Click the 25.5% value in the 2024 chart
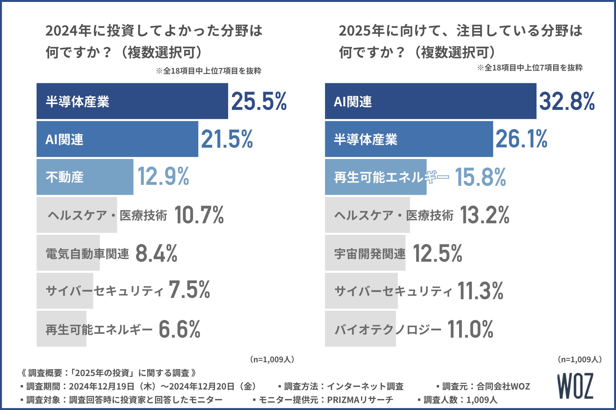(x=259, y=102)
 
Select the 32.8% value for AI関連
(x=567, y=102)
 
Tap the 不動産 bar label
(x=64, y=177)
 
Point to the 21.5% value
(x=227, y=139)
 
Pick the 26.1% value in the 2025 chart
(x=521, y=139)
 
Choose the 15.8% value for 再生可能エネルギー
(x=480, y=177)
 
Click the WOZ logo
(x=575, y=386)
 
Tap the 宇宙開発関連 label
(x=370, y=254)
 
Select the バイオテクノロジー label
(x=388, y=329)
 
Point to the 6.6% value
(x=179, y=329)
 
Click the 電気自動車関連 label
(x=87, y=254)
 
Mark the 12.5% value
(x=437, y=253)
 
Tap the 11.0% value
(x=470, y=329)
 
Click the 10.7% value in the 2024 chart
(x=199, y=215)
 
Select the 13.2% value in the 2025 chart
(x=484, y=215)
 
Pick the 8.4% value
(x=156, y=253)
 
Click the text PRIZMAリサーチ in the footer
(x=360, y=400)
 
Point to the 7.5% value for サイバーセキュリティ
(x=189, y=290)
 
